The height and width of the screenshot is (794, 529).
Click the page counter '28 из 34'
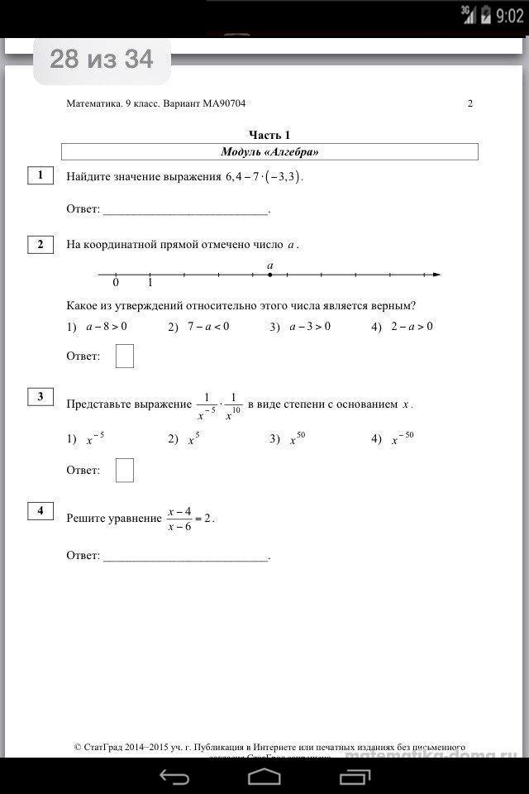click(101, 60)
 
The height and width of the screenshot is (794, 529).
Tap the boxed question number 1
click(40, 175)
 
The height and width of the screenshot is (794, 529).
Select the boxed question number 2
click(40, 244)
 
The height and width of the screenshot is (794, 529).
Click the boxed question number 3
click(40, 397)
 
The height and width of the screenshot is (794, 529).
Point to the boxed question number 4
click(40, 510)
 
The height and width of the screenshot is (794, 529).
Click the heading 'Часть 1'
click(269, 135)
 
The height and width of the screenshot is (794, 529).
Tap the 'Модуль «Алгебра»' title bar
click(269, 152)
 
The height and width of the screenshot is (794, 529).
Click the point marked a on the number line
click(270, 275)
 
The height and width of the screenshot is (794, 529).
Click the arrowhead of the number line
click(436, 275)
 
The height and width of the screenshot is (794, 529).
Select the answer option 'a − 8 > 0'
click(106, 327)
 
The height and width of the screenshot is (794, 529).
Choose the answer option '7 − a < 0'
click(207, 327)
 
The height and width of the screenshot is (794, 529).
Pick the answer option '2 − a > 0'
click(412, 327)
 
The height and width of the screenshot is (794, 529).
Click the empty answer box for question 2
click(125, 356)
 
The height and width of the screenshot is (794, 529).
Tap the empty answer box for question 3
click(125, 470)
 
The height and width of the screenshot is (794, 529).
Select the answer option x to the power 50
click(297, 438)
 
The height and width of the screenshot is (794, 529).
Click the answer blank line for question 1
click(185, 212)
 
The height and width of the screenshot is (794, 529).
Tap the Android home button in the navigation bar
click(264, 776)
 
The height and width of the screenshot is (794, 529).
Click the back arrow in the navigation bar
click(174, 776)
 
